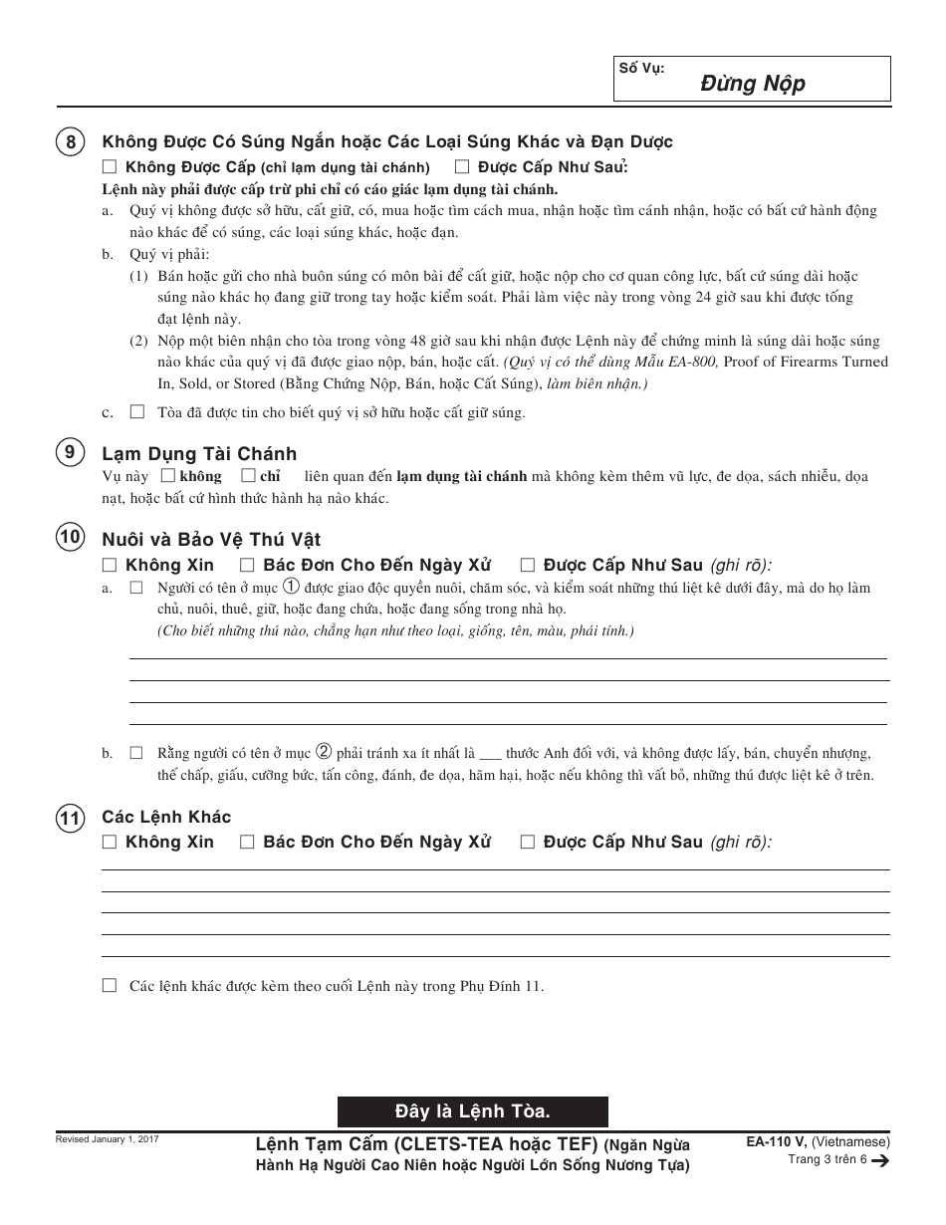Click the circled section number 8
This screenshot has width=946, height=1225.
pos(70,142)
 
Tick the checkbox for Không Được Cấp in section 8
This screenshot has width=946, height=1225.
pos(110,167)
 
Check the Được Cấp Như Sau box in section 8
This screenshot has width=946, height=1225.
pos(462,167)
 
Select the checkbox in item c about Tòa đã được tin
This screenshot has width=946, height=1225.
pos(137,411)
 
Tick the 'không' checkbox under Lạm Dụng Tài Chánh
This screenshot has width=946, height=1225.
pos(167,476)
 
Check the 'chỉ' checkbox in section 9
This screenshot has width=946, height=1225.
pos(249,476)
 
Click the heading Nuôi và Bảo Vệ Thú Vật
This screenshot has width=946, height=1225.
pos(211,540)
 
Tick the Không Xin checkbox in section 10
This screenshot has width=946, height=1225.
pos(110,565)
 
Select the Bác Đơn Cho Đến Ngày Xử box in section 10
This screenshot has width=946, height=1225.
pos(247,565)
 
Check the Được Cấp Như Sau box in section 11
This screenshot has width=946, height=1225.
pos(528,842)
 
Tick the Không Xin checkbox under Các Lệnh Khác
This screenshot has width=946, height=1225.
pos(110,842)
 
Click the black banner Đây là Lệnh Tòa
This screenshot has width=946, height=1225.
pos(472,1110)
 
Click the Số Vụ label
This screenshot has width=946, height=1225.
pos(641,68)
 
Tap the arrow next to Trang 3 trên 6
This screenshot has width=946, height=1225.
pos(879,1160)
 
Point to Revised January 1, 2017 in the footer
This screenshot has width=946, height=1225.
pos(108,1138)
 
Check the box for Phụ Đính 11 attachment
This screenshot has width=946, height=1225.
pos(110,985)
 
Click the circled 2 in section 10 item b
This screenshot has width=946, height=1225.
pos(324,753)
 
